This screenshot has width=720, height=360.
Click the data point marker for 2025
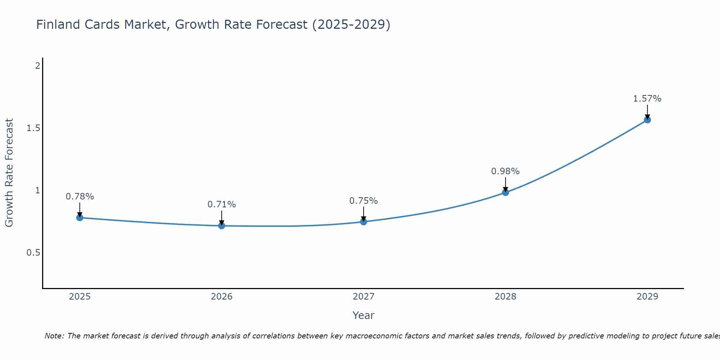(80, 218)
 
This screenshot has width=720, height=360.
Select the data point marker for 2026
(222, 226)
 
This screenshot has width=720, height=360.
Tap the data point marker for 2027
(364, 222)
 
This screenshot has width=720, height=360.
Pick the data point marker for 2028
(505, 192)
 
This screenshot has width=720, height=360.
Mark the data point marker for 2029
(647, 120)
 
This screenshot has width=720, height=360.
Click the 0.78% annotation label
(80, 197)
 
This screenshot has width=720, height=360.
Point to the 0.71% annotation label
(222, 204)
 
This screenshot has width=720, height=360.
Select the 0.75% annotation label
(364, 201)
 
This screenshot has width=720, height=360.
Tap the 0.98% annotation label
(505, 171)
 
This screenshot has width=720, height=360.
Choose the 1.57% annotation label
(647, 99)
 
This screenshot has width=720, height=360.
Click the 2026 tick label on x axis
(222, 297)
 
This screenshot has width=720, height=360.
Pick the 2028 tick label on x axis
(505, 297)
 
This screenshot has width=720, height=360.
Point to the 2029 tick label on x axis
(647, 297)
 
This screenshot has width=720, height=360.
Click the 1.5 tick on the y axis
(33, 128)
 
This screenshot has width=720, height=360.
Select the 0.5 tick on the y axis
(33, 253)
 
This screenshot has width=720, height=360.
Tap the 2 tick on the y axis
(37, 66)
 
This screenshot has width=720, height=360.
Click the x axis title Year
(364, 315)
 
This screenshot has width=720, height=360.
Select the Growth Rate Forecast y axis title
(9, 173)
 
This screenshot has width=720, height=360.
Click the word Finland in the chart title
(58, 24)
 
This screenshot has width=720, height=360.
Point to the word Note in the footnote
(54, 336)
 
